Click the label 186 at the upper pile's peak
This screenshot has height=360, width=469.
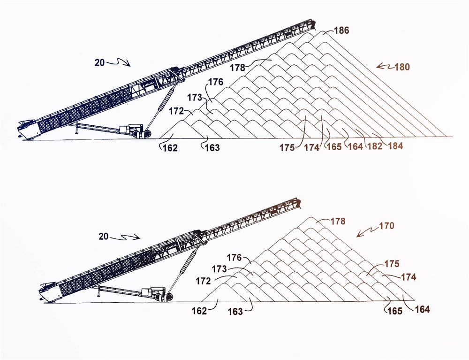(x=341, y=30)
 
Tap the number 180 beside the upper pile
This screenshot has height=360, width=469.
(x=402, y=67)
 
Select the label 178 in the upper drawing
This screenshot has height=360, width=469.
(x=238, y=68)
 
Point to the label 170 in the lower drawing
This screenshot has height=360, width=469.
(x=386, y=226)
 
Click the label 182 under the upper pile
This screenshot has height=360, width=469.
(x=375, y=146)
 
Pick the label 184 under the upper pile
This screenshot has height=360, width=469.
(x=395, y=146)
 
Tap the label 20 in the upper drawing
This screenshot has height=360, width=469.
(x=100, y=63)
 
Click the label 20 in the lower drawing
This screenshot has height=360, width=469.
(x=104, y=237)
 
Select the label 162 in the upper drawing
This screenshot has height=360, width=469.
(x=170, y=148)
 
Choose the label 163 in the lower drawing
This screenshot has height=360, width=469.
(x=235, y=312)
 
